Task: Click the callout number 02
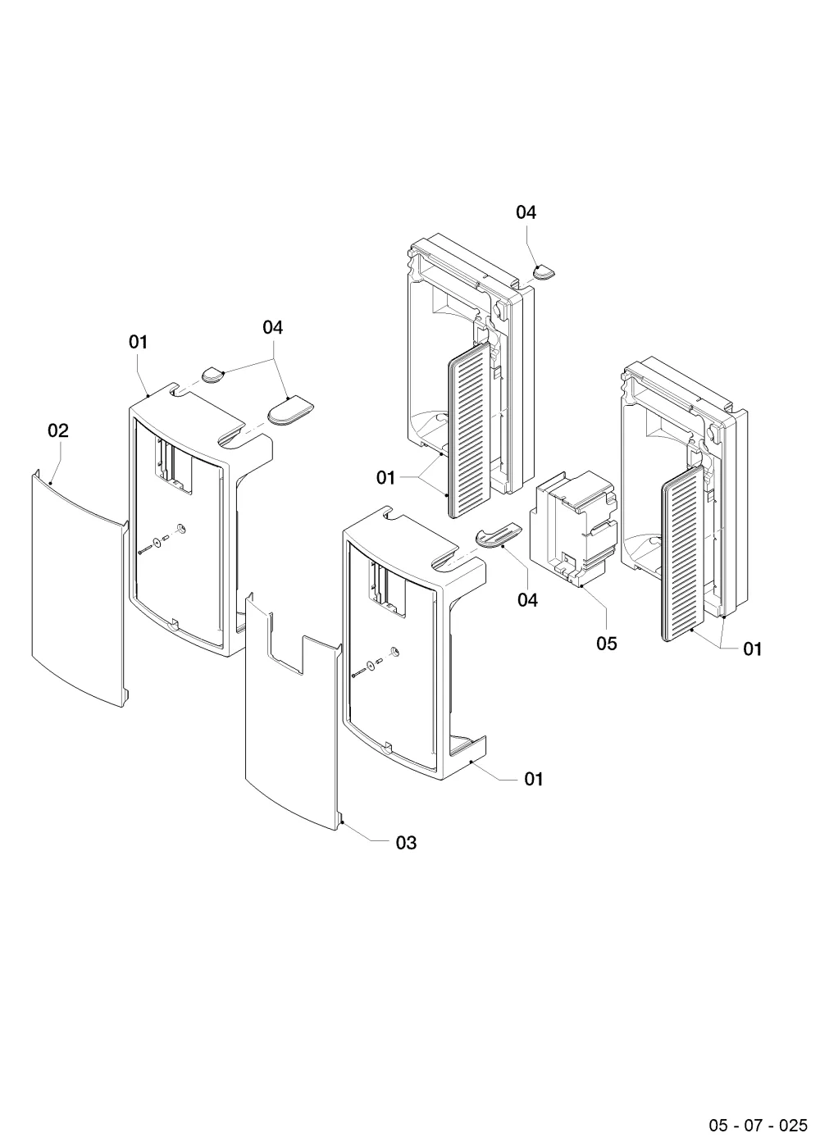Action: pyautogui.click(x=58, y=430)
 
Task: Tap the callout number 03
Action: pyautogui.click(x=406, y=842)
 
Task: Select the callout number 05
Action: pyautogui.click(x=607, y=644)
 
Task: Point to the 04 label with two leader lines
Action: pyautogui.click(x=272, y=327)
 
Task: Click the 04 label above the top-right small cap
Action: pyautogui.click(x=526, y=212)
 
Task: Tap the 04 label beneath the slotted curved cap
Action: pyautogui.click(x=527, y=599)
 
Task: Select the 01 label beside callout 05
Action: pyautogui.click(x=753, y=649)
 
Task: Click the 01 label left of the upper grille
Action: pyautogui.click(x=385, y=478)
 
